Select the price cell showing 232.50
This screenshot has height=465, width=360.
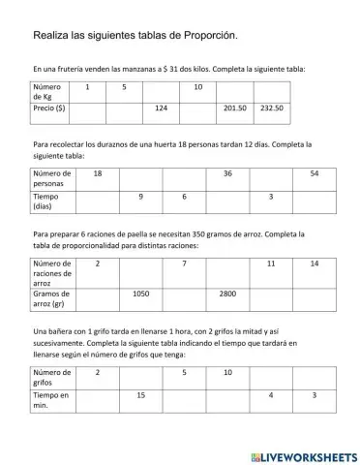(x=271, y=108)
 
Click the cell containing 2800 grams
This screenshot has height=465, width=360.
(x=227, y=294)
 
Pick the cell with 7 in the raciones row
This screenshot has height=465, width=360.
(x=184, y=263)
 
